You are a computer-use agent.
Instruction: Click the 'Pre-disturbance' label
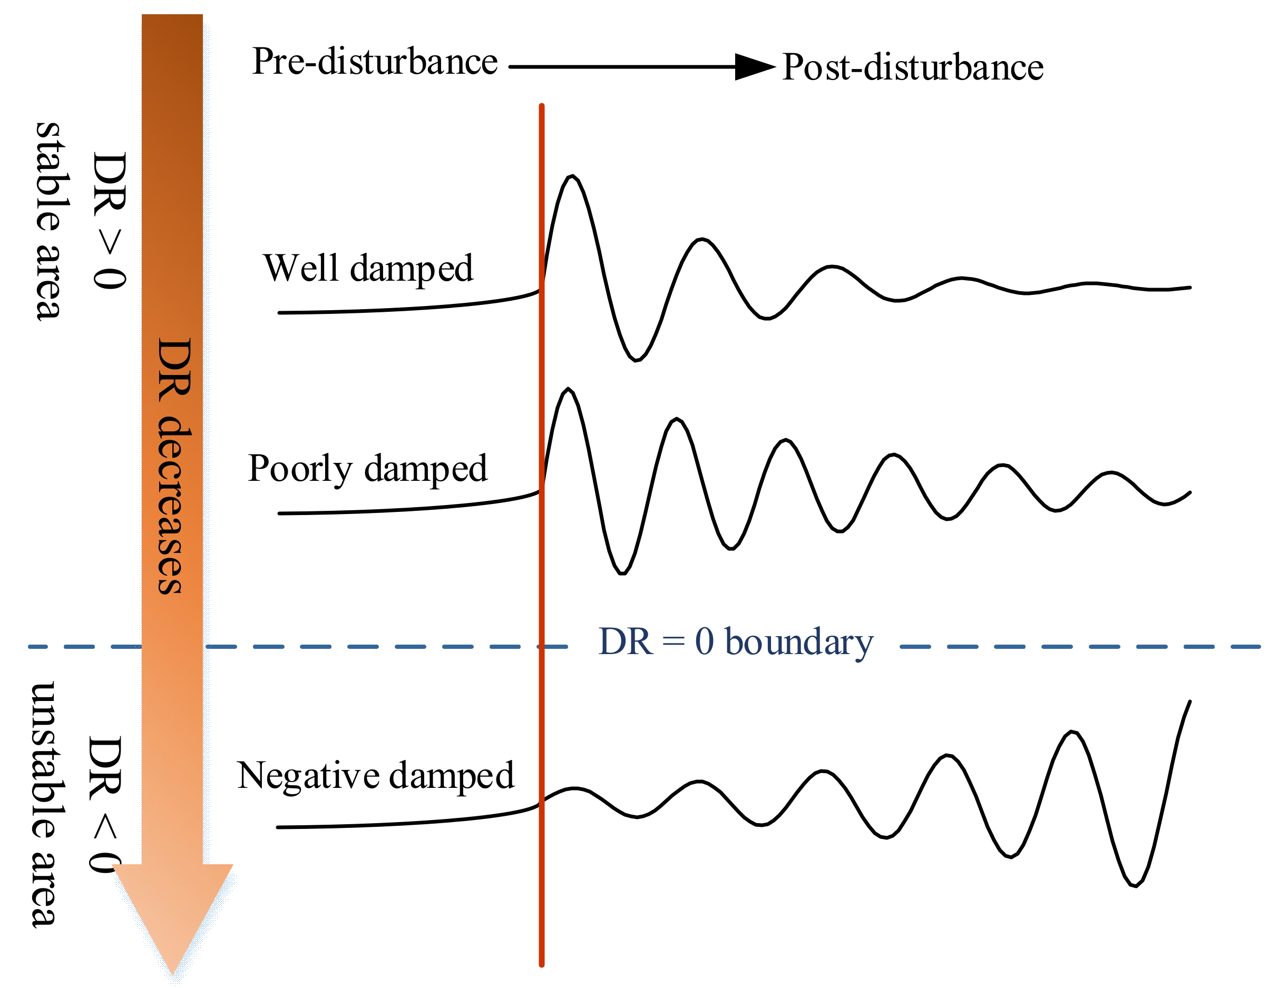[374, 62]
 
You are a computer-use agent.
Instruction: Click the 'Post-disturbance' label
[912, 67]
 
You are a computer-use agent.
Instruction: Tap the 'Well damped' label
[368, 269]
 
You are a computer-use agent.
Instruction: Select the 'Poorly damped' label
[367, 469]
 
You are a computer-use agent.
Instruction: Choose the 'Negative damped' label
[375, 776]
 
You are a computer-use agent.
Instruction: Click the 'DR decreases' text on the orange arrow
[174, 466]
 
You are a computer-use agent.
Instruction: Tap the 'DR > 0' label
[110, 221]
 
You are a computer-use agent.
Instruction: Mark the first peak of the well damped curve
[571, 176]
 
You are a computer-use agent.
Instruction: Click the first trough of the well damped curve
[636, 360]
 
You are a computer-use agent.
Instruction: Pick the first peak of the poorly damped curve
[568, 389]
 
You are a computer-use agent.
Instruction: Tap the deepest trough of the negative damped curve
[1135, 886]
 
